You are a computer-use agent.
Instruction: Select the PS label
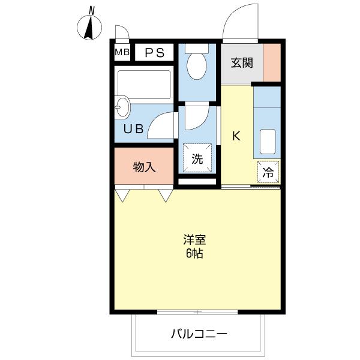[154, 52]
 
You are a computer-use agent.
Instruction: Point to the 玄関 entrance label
[240, 62]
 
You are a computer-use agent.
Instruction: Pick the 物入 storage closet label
[144, 167]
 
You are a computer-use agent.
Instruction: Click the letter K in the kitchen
[236, 136]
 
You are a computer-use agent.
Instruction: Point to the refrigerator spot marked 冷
[269, 172]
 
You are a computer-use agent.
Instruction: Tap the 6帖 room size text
[194, 253]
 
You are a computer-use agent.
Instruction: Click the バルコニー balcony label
[199, 333]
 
